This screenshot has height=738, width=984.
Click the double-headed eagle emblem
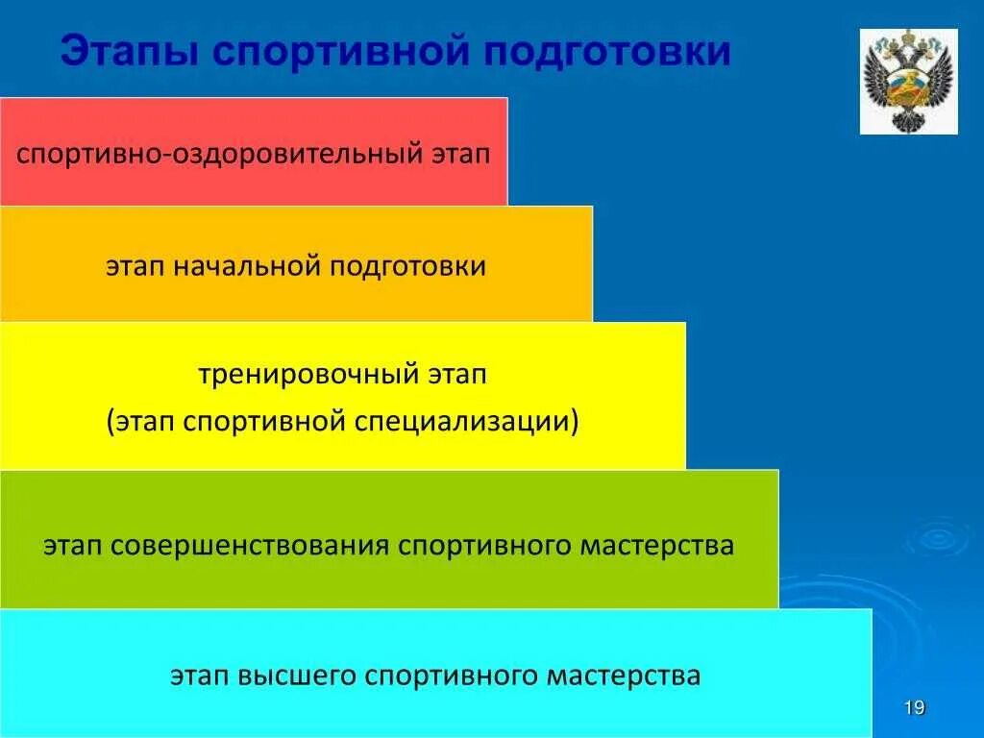click(908, 82)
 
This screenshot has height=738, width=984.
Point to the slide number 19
click(915, 709)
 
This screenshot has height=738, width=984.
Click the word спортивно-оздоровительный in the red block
click(215, 154)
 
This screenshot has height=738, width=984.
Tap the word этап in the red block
click(457, 154)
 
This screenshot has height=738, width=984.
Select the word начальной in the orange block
click(247, 266)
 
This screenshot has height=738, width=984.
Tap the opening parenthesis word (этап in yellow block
click(137, 421)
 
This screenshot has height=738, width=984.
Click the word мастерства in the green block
click(657, 546)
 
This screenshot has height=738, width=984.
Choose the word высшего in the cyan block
click(296, 676)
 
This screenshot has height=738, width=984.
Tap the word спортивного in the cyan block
click(452, 676)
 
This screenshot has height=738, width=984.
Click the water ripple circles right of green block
click(933, 537)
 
